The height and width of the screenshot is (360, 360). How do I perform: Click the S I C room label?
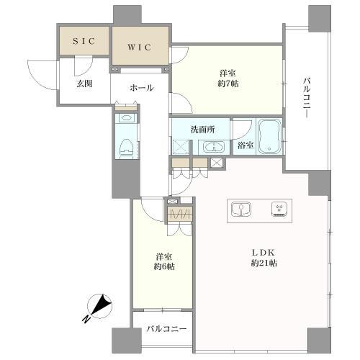[84, 42]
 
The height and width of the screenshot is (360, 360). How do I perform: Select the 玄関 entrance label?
[84, 84]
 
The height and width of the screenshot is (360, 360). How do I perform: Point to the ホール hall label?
[141, 87]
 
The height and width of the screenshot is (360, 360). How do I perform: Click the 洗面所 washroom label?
[201, 130]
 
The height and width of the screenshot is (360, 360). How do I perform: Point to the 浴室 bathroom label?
[246, 145]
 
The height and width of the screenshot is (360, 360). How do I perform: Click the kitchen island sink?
[240, 209]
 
